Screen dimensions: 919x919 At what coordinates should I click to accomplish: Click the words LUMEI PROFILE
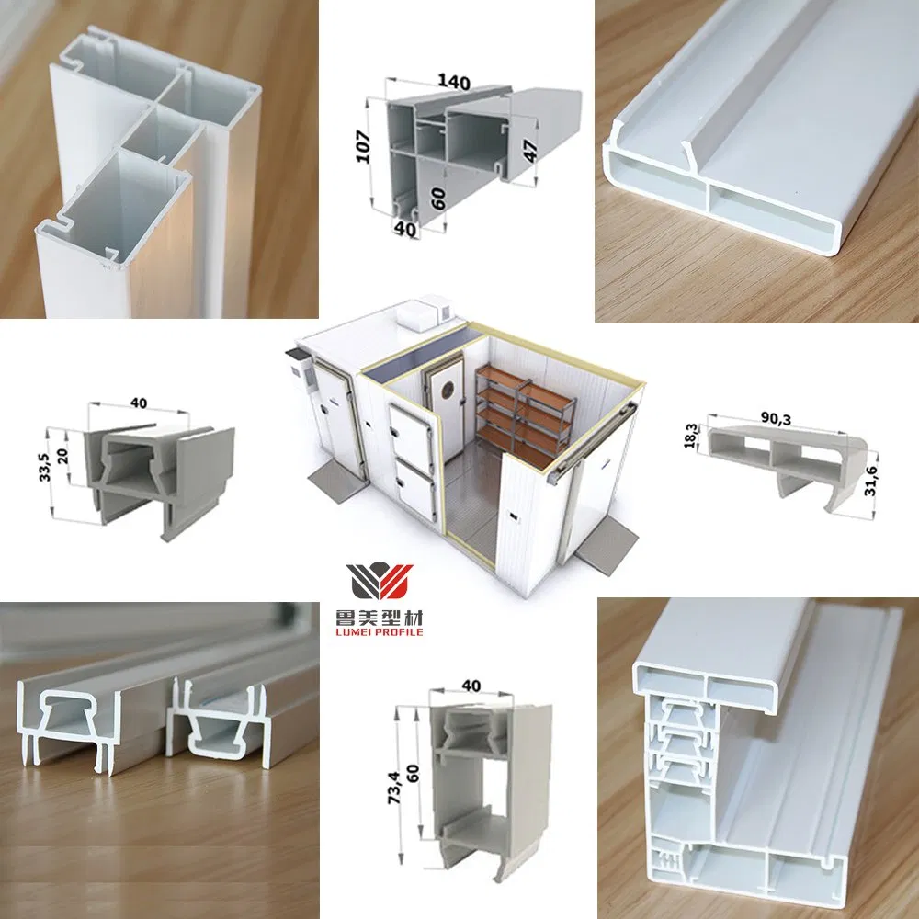(x=380, y=633)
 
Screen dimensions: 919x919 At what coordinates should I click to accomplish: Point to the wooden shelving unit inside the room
(x=519, y=404)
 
